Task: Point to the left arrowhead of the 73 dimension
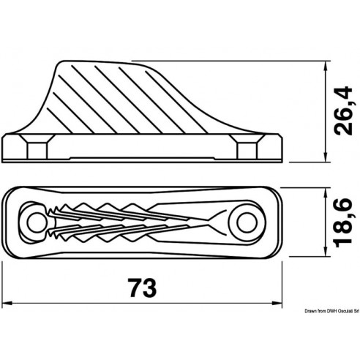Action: (7, 302)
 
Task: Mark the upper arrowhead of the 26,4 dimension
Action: (323, 65)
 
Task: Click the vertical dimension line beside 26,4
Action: (323, 110)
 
